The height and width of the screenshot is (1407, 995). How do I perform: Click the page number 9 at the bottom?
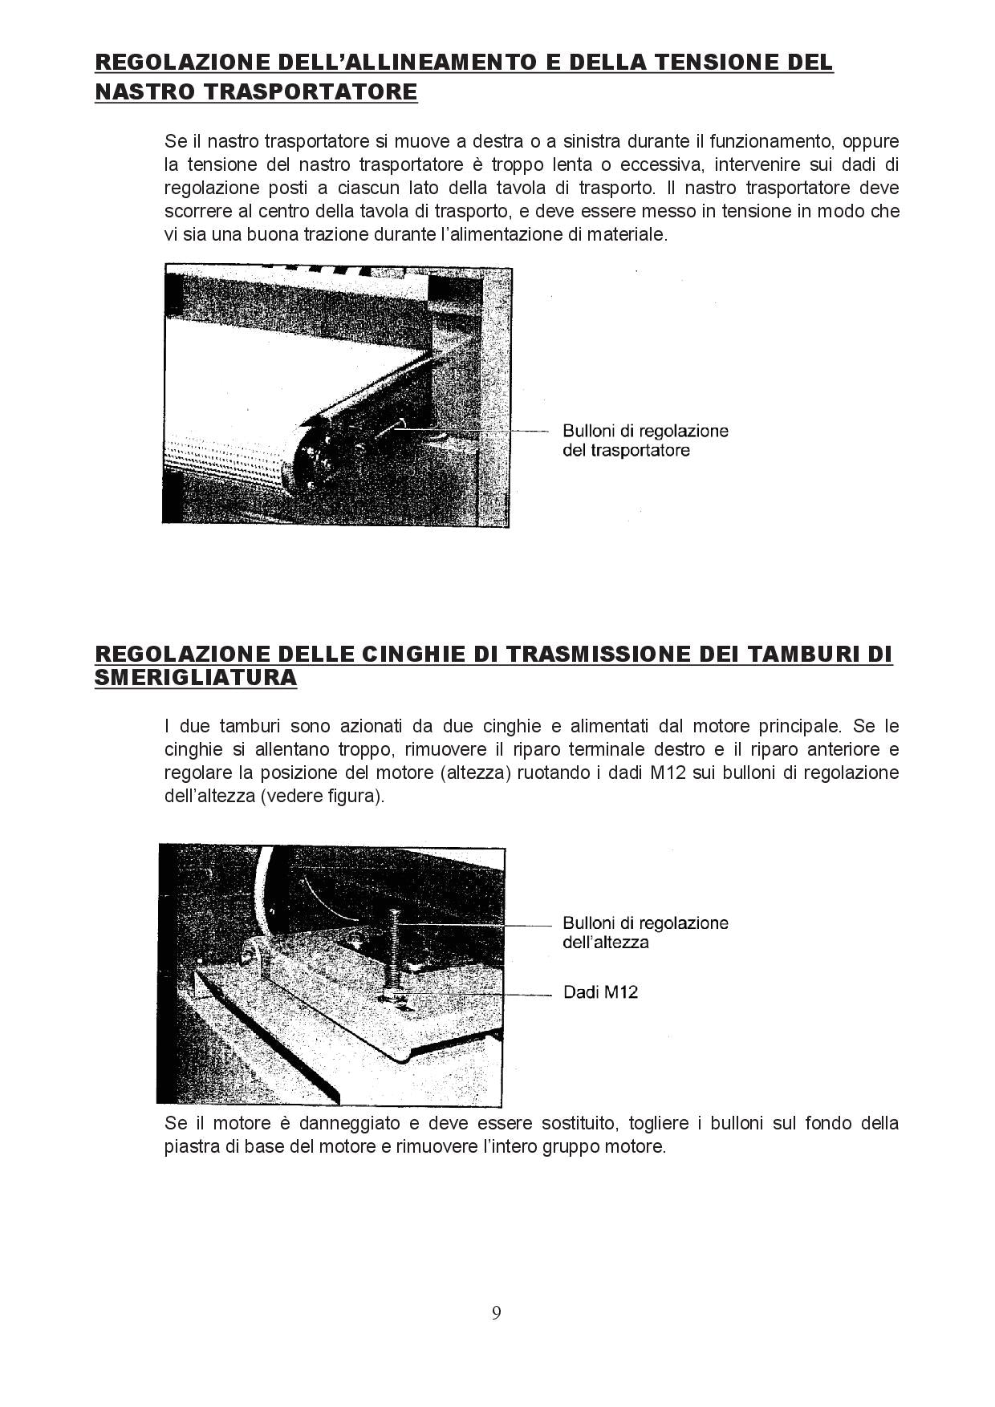497,1312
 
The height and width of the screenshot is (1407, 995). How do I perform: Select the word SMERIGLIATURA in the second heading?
196,678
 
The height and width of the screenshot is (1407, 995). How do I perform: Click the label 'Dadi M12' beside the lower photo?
600,992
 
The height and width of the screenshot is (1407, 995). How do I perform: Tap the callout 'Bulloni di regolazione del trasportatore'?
645,440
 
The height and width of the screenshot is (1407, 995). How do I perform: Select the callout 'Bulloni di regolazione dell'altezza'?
645,932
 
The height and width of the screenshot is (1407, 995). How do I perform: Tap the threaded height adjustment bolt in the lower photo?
394,947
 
